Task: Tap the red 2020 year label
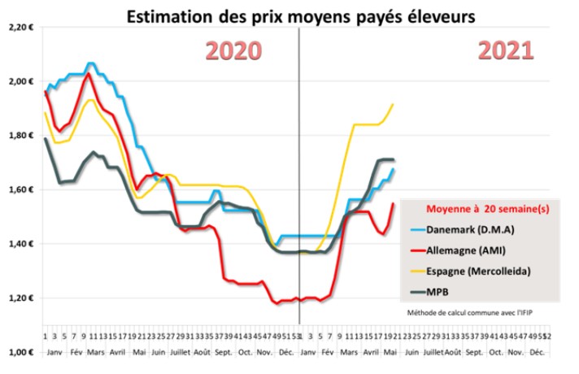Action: pos(233,50)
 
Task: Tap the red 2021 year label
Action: pos(505,50)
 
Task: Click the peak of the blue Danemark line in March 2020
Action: pos(90,63)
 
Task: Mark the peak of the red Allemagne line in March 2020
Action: pos(87,74)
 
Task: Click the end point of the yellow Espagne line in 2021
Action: pos(394,103)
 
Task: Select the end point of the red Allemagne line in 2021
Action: pos(394,203)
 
